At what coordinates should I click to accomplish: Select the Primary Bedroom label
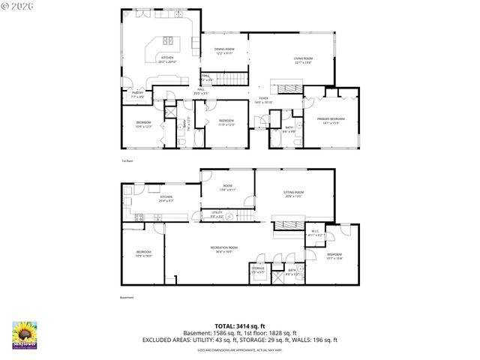(x=331, y=121)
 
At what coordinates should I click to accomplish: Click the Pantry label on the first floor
(x=137, y=95)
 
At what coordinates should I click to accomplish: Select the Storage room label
(x=257, y=269)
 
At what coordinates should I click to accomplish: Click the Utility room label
(x=216, y=214)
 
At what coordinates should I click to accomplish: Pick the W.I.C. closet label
(x=316, y=233)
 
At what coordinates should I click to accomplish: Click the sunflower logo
(x=25, y=334)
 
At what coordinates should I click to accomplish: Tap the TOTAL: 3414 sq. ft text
(x=239, y=325)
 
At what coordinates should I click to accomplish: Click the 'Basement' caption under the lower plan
(x=126, y=297)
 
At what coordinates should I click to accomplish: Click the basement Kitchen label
(x=166, y=199)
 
